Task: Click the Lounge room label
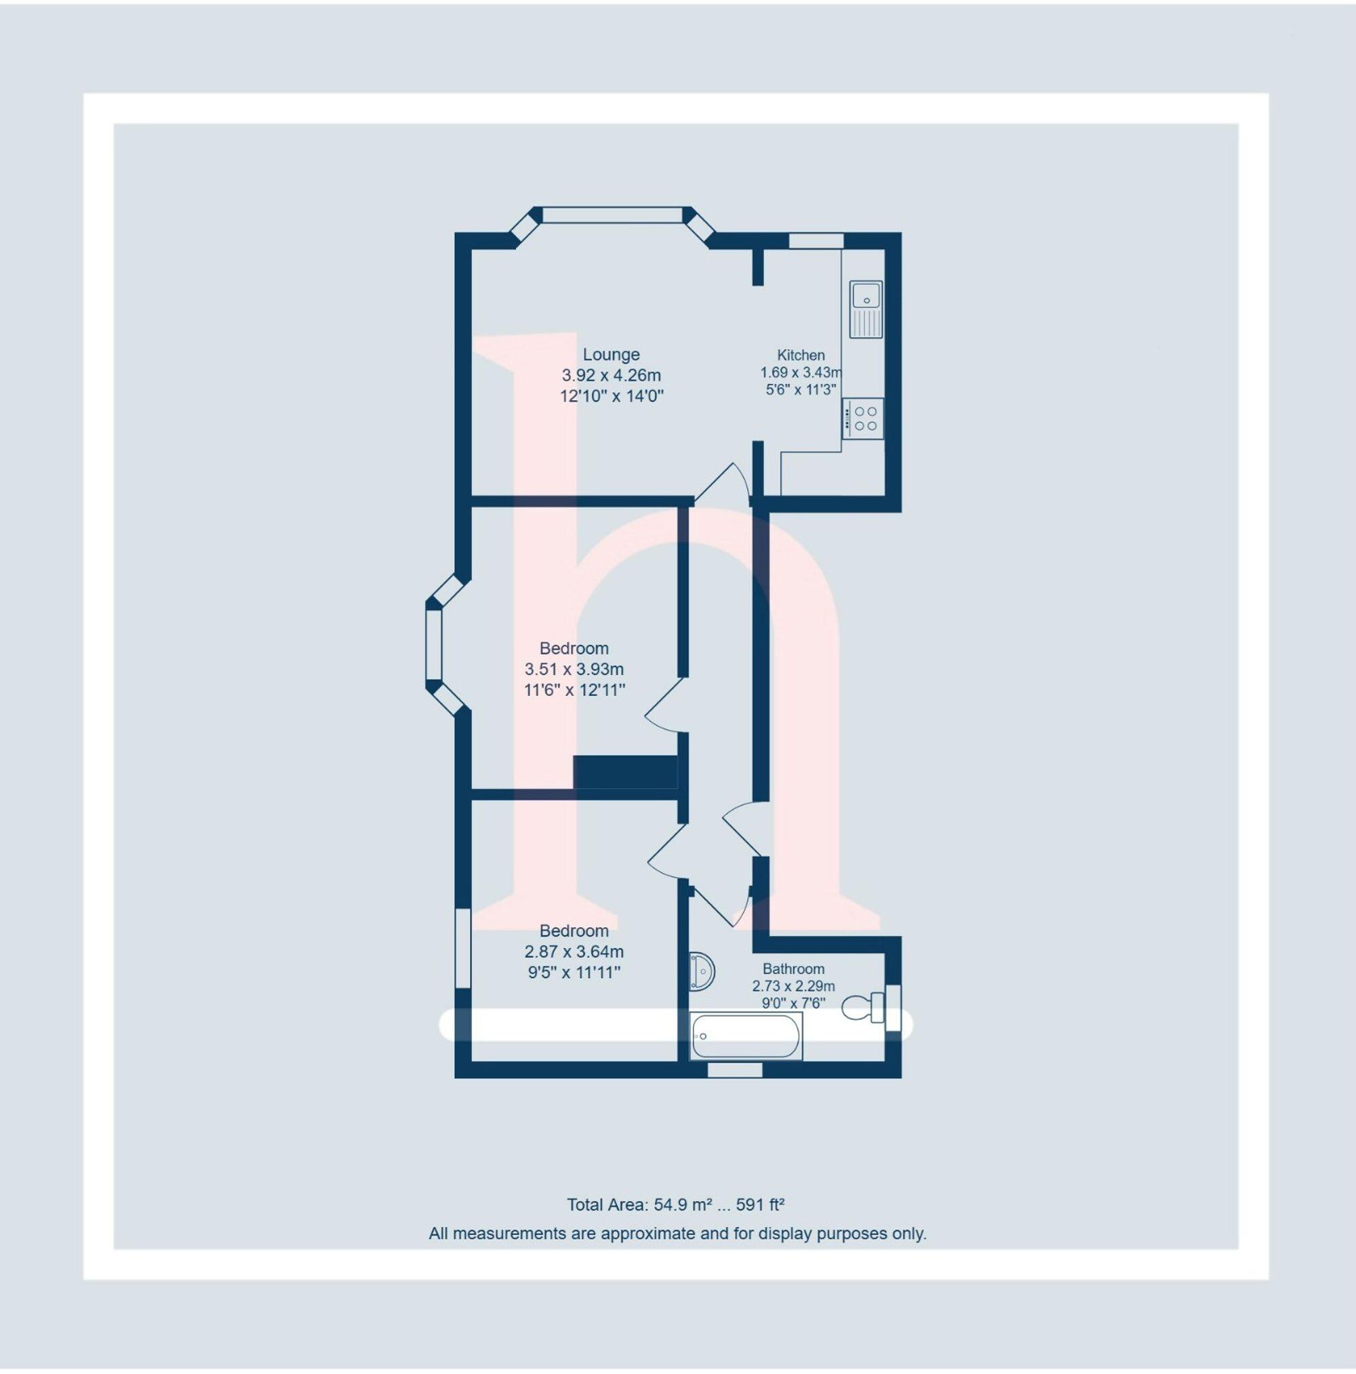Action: [x=611, y=354]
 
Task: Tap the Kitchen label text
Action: [x=801, y=355]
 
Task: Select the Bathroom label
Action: [x=793, y=968]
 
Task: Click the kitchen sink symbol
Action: [x=865, y=309]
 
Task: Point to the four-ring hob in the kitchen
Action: [x=864, y=418]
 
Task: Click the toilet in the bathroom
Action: [x=862, y=1007]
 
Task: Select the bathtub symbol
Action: [x=745, y=1036]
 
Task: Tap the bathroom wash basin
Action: [x=701, y=970]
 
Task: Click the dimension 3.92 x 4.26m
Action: [x=611, y=375]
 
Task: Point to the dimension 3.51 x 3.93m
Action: [x=574, y=669]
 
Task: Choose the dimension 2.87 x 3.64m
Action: [x=574, y=951]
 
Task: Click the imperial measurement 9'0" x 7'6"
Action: [x=793, y=1004]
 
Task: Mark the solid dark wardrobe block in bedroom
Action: [x=625, y=772]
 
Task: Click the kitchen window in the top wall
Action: [x=816, y=240]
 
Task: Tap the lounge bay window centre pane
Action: [x=612, y=214]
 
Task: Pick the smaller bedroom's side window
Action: [x=463, y=947]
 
